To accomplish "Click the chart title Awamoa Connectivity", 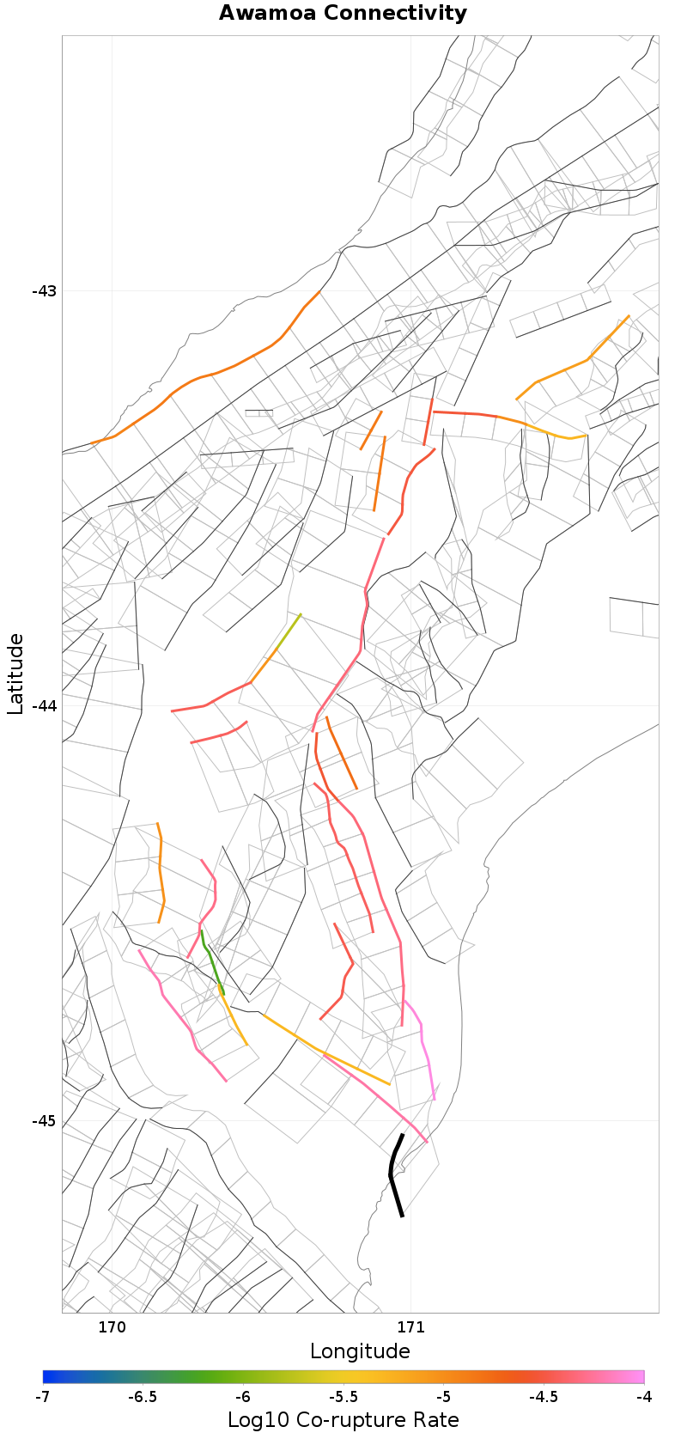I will [x=343, y=14].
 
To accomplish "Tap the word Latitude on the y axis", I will [x=15, y=674].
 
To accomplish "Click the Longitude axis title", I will [x=360, y=1351].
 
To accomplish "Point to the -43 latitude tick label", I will [x=44, y=290].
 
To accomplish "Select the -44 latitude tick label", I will [x=44, y=705].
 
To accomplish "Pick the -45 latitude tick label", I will [x=44, y=1121].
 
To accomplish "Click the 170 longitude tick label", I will [x=112, y=1327].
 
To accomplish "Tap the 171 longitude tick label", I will [x=410, y=1327].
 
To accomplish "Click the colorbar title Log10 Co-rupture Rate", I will [x=343, y=1420].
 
